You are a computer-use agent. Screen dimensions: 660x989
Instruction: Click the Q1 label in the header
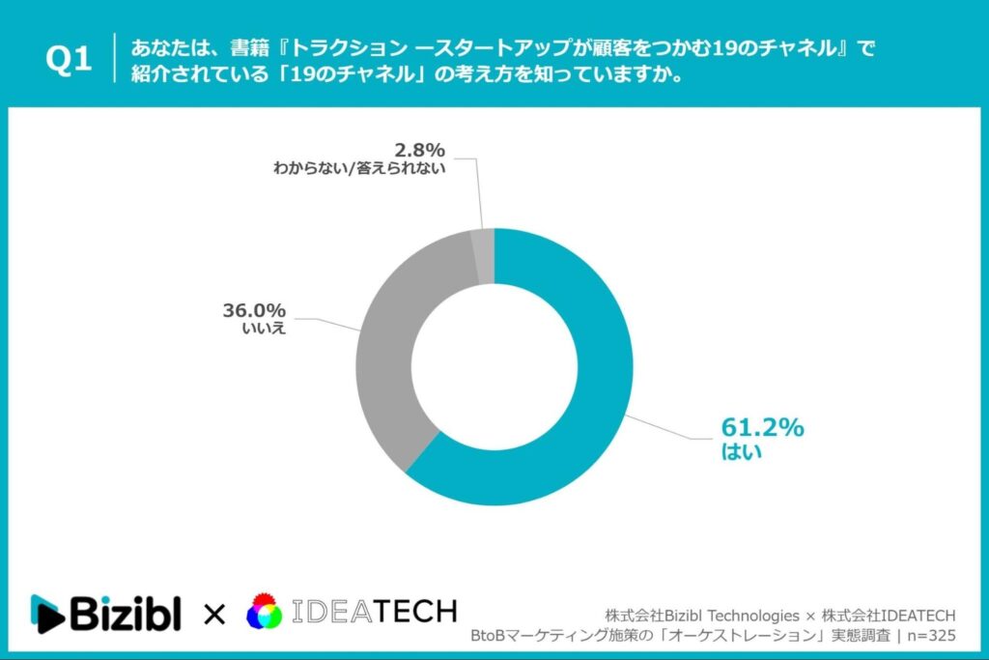click(69, 61)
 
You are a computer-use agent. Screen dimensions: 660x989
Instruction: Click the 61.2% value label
click(762, 427)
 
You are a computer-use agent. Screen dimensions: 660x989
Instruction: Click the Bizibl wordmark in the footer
click(126, 613)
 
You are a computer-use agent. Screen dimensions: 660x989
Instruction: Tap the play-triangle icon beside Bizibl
click(47, 614)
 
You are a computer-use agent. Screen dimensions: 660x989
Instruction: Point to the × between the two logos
click(213, 614)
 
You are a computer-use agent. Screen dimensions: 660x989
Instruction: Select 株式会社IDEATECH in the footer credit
click(888, 616)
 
